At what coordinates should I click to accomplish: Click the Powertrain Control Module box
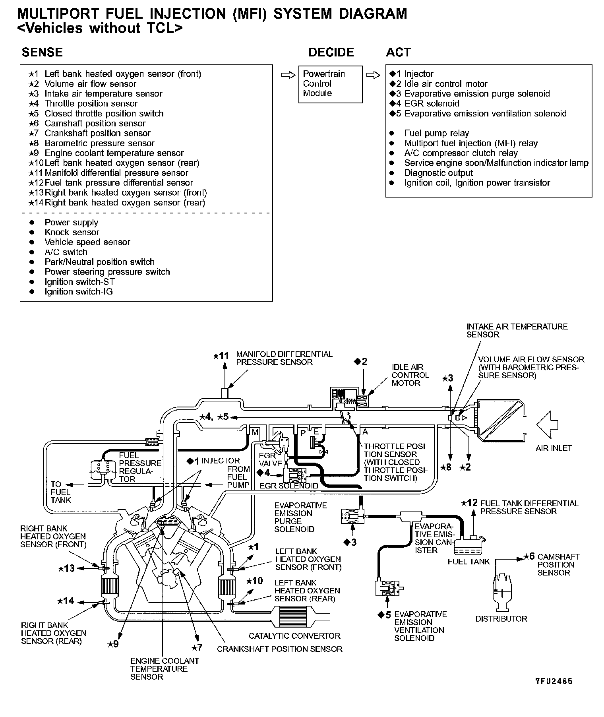330,84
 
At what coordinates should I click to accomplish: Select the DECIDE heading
331,52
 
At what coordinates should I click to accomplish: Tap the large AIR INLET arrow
548,424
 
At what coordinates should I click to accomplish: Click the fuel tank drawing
468,546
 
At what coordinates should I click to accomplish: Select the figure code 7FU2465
554,681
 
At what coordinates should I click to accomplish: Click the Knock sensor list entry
72,232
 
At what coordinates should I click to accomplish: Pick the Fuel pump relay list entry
436,133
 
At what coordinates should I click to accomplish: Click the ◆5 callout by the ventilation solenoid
384,615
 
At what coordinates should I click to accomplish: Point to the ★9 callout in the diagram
114,644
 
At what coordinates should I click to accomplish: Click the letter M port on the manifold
255,432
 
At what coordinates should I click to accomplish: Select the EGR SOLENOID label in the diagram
289,486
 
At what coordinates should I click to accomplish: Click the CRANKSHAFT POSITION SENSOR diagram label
279,649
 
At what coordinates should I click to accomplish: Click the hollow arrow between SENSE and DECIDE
288,75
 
